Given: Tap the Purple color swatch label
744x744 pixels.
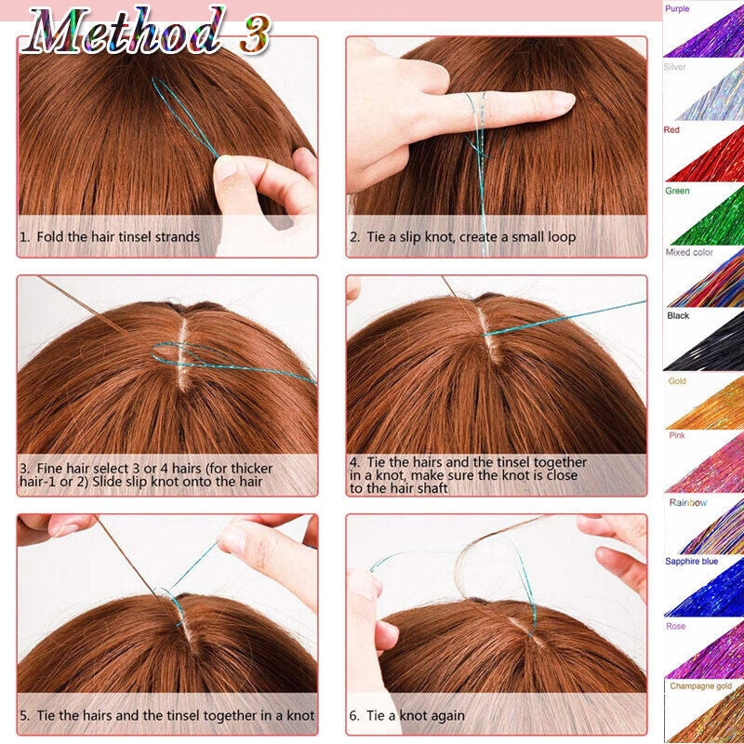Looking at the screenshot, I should coord(678,7).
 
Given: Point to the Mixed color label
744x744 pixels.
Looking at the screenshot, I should coord(689,252).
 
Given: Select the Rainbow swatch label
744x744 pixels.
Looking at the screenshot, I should coord(688,502).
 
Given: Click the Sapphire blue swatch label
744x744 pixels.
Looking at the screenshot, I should coord(691,562).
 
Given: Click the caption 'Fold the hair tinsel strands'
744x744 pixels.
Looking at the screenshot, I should coord(116,237).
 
